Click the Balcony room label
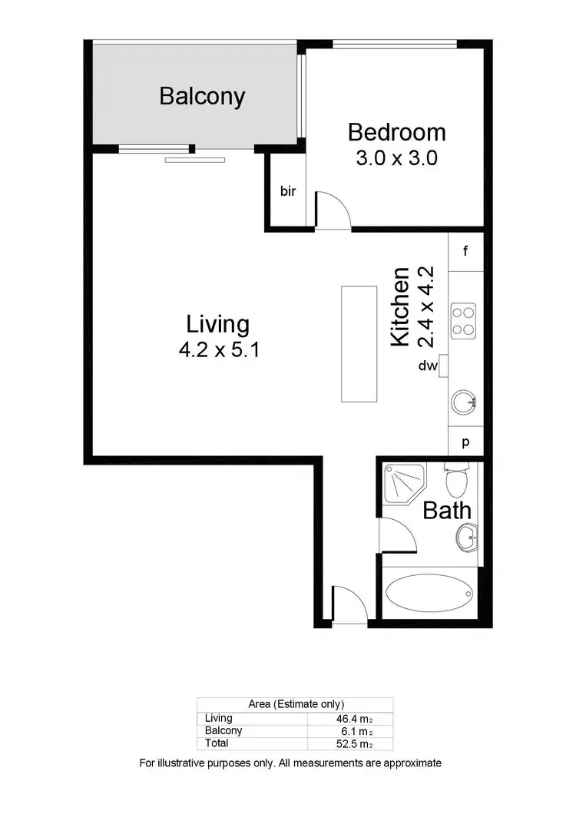(x=202, y=97)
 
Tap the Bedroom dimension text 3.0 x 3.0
(x=396, y=158)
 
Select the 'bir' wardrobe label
(x=288, y=191)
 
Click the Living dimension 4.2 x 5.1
(x=219, y=350)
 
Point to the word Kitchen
(x=400, y=306)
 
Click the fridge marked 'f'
(x=465, y=250)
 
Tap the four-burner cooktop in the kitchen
(x=463, y=320)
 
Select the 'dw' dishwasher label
(x=428, y=366)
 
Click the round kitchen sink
(x=464, y=402)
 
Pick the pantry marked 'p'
(x=465, y=442)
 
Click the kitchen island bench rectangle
(x=359, y=343)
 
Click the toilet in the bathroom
(x=456, y=481)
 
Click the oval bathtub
(x=431, y=594)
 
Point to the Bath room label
(x=447, y=510)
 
